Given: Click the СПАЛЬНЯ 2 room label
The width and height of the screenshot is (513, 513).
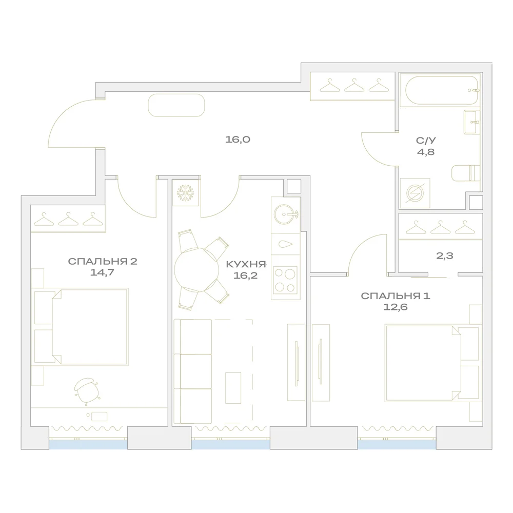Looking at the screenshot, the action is [103, 262].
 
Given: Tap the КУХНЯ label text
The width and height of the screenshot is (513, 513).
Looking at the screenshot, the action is [246, 264].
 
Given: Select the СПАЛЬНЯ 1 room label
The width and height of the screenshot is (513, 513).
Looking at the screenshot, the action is [395, 296].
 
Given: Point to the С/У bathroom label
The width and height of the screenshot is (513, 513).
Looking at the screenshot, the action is [426, 141].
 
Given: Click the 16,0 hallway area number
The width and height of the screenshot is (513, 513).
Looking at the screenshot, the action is [238, 140].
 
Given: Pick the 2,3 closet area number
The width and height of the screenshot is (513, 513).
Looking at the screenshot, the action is [445, 255].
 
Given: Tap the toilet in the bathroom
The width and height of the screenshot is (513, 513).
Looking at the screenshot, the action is [466, 173].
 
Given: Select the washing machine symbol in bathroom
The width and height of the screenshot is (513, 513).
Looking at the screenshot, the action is [415, 193].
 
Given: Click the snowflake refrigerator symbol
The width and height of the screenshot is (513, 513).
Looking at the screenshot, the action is [186, 193].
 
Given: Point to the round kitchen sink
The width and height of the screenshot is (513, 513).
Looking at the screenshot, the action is [285, 214].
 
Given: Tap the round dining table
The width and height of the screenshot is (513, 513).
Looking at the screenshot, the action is [196, 270].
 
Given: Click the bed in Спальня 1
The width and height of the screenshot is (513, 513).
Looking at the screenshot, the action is [432, 363].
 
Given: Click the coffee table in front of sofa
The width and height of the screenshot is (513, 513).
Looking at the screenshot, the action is [233, 388].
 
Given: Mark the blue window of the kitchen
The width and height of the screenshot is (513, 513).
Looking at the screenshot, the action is [231, 444].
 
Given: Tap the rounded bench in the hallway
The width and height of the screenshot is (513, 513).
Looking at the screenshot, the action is [176, 105].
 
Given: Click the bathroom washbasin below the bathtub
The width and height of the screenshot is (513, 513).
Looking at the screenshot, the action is [472, 122].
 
